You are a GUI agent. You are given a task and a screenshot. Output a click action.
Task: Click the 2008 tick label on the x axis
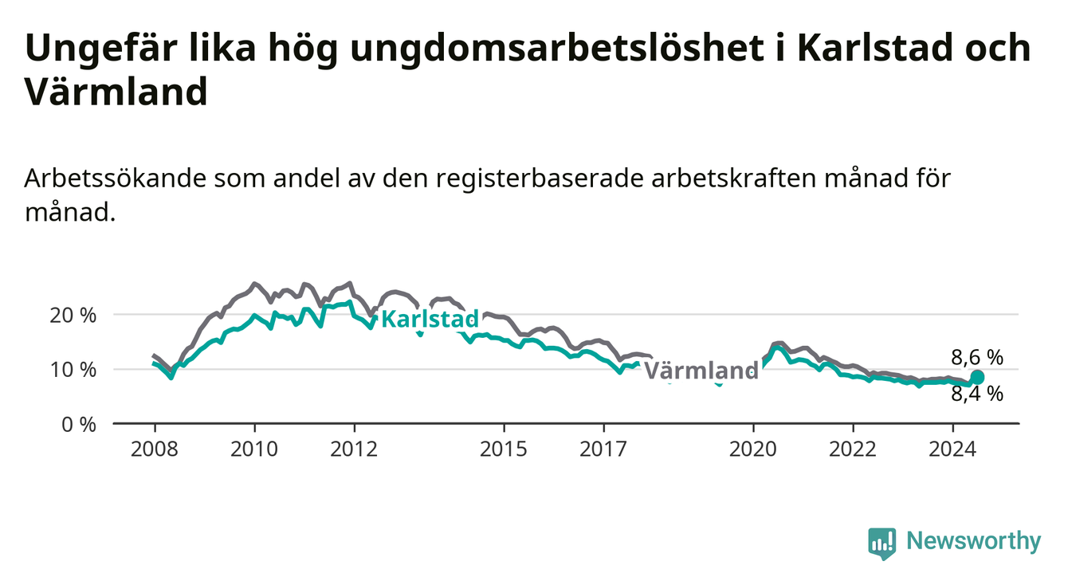pyautogui.click(x=154, y=450)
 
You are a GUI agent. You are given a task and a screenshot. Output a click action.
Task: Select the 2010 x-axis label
pyautogui.click(x=254, y=450)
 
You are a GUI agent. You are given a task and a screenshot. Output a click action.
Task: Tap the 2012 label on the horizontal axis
pyautogui.click(x=354, y=450)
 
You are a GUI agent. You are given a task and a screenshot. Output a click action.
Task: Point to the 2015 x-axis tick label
pyautogui.click(x=504, y=450)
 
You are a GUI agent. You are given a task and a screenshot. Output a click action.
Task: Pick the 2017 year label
pyautogui.click(x=603, y=450)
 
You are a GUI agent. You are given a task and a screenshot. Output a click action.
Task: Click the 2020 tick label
pyautogui.click(x=753, y=450)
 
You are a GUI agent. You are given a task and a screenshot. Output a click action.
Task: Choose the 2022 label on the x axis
pyautogui.click(x=853, y=450)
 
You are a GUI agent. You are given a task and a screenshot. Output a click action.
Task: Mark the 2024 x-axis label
pyautogui.click(x=952, y=450)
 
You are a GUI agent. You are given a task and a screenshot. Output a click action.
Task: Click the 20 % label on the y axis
pyautogui.click(x=73, y=316)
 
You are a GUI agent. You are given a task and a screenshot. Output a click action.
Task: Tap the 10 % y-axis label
pyautogui.click(x=73, y=370)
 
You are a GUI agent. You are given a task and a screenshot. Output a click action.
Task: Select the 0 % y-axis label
pyautogui.click(x=79, y=425)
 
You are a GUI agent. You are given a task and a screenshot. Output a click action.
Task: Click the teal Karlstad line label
pyautogui.click(x=430, y=319)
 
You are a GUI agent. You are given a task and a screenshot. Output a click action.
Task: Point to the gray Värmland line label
pyautogui.click(x=701, y=371)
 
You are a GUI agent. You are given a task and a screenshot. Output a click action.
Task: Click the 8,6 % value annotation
pyautogui.click(x=977, y=358)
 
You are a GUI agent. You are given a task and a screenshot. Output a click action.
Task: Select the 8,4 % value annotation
pyautogui.click(x=977, y=395)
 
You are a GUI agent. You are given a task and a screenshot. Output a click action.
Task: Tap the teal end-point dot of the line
pyautogui.click(x=977, y=377)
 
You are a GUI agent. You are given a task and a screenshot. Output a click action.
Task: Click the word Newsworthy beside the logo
pyautogui.click(x=974, y=541)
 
